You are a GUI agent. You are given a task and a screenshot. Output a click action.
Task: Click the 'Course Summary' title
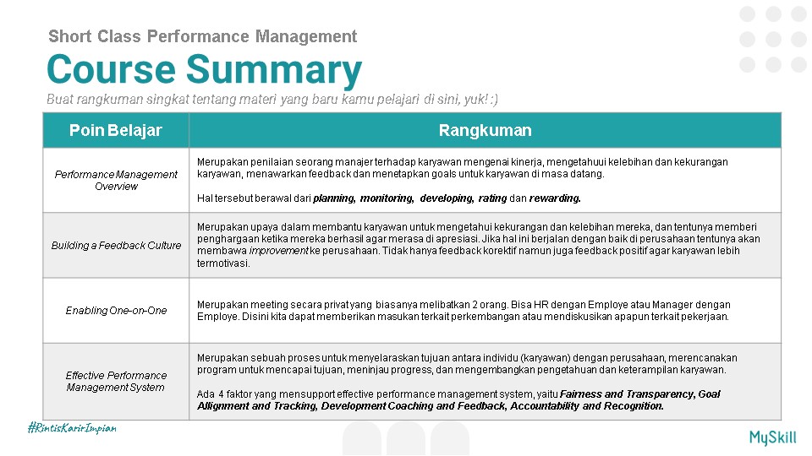coord(204,70)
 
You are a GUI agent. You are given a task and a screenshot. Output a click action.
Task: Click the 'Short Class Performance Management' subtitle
coord(203,36)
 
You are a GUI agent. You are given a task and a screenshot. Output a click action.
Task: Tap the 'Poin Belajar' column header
coord(116,130)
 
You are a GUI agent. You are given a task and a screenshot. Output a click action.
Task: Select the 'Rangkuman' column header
coord(485,130)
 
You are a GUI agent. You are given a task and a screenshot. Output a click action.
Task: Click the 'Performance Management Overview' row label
coord(116,180)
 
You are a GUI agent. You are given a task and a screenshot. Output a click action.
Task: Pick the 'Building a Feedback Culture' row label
coord(116,245)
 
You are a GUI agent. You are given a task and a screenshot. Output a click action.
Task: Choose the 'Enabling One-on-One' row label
coord(116,310)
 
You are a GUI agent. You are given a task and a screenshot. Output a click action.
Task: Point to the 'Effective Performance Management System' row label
coord(116,381)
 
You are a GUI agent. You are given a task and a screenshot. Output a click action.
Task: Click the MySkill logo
coord(771,437)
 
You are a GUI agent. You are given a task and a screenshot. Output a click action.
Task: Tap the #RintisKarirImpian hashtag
coord(72,428)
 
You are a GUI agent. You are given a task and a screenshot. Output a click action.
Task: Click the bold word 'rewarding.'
coord(555,198)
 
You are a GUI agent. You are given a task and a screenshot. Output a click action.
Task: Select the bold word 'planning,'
coord(334,198)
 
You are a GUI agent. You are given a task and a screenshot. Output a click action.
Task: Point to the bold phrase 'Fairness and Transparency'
coord(627,394)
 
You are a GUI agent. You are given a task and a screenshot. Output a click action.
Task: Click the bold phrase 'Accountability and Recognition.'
coord(587,405)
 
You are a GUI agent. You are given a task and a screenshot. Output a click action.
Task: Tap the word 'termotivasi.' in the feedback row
coord(223,263)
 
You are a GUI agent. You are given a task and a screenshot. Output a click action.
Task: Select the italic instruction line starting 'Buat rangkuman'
coord(272,100)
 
